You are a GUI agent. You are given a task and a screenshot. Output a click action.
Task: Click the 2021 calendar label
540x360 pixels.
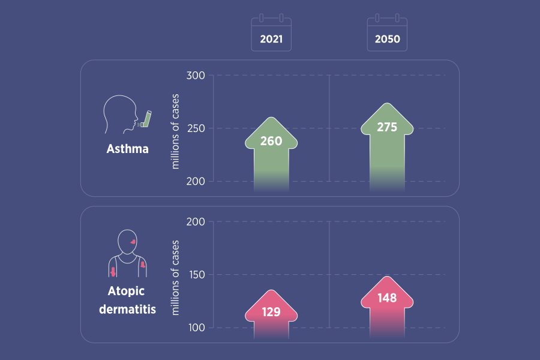coord(271,40)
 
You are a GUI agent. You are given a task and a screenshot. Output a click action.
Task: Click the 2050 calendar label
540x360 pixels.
coord(387,40)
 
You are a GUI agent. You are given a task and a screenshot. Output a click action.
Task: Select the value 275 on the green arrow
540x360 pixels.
coord(387,127)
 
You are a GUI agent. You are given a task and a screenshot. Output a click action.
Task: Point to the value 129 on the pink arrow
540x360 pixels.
coord(271,313)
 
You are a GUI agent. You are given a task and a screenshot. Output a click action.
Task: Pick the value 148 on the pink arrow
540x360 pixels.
coord(387,298)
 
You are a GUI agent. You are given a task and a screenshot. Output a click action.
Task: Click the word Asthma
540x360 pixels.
coord(127,149)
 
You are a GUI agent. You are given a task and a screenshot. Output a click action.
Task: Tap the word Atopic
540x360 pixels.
coord(127,292)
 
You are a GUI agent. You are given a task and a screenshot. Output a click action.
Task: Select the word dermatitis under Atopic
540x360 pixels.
coord(127,310)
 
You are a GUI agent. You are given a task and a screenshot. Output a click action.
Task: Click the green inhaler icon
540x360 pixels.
coord(146,119)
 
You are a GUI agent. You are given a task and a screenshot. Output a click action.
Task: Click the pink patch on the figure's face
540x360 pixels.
coord(132,241)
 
